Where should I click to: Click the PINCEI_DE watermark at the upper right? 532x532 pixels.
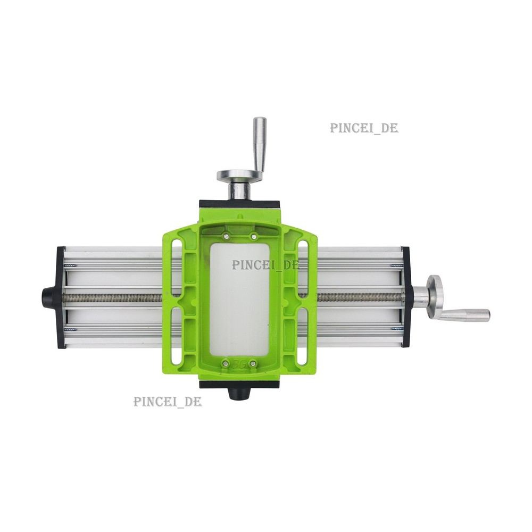coord(364,128)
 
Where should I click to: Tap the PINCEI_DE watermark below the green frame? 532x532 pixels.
coord(168,401)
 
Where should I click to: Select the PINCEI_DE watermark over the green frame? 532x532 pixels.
coord(265,264)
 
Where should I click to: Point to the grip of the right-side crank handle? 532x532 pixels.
coord(467,315)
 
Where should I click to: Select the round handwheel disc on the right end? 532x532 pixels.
coord(434,296)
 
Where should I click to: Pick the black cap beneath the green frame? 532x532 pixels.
coord(238,394)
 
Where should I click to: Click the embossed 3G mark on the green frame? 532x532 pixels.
coord(238,364)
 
